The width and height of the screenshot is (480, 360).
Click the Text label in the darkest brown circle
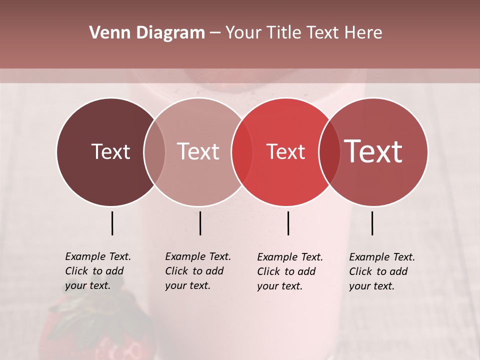[x=110, y=151]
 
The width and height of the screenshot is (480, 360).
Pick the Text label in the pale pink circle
[x=198, y=151]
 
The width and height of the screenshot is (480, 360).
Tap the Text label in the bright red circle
[x=285, y=151]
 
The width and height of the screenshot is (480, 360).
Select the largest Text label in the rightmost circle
[x=373, y=151]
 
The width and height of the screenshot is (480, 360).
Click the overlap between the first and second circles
[x=154, y=151]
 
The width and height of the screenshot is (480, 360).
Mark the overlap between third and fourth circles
[x=329, y=151]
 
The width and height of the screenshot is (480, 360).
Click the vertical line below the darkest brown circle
[x=112, y=223]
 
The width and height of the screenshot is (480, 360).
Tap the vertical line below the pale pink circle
[x=200, y=223]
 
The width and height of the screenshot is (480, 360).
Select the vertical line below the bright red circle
[x=288, y=223]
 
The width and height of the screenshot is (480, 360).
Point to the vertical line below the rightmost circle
[x=372, y=223]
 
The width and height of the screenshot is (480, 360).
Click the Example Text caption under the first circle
[x=98, y=271]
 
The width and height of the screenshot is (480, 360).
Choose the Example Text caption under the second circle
[x=198, y=271]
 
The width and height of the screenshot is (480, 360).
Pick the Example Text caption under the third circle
[x=290, y=271]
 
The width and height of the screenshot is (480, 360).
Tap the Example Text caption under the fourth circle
[x=382, y=271]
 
